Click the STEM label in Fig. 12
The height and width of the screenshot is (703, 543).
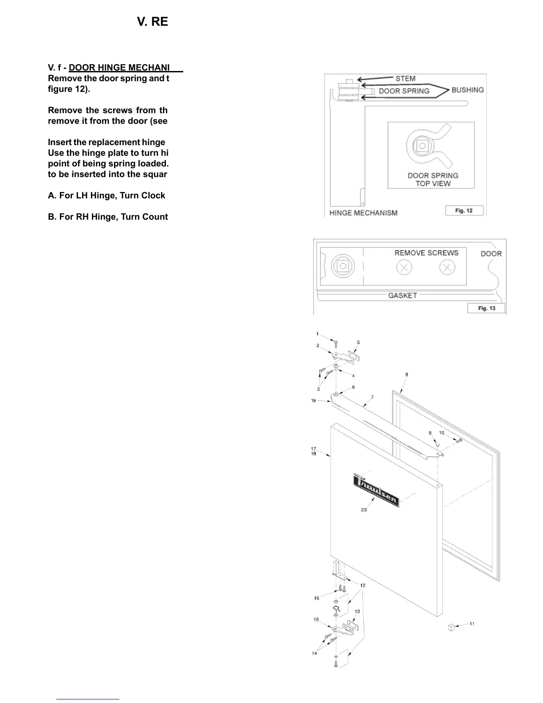pyautogui.click(x=405, y=79)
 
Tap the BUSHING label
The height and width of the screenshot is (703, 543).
pyautogui.click(x=467, y=90)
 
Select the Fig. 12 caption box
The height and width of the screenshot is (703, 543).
pyautogui.click(x=464, y=211)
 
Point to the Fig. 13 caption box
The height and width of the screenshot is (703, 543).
pyautogui.click(x=486, y=308)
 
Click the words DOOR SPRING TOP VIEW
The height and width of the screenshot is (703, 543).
pyautogui.click(x=433, y=179)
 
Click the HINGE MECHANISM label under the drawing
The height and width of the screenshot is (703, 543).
pyautogui.click(x=363, y=213)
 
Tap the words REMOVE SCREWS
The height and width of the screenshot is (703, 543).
pyautogui.click(x=426, y=253)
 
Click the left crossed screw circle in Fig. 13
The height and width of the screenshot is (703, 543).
pyautogui.click(x=404, y=268)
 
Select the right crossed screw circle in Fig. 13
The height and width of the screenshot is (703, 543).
pyautogui.click(x=447, y=268)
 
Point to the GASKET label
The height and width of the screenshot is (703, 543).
pyautogui.click(x=402, y=295)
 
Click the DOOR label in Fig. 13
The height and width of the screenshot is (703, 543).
pyautogui.click(x=491, y=254)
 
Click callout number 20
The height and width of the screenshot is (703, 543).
pyautogui.click(x=364, y=510)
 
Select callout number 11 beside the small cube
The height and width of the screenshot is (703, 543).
pyautogui.click(x=472, y=624)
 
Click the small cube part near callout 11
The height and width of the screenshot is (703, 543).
pyautogui.click(x=451, y=628)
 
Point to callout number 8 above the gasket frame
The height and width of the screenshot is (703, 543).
pyautogui.click(x=407, y=375)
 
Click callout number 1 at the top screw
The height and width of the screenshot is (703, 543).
pyautogui.click(x=317, y=334)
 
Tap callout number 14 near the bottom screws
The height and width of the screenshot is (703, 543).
pyautogui.click(x=315, y=653)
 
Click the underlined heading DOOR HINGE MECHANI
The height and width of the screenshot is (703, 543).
pyautogui.click(x=119, y=67)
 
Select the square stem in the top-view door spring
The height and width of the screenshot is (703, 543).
pyautogui.click(x=421, y=146)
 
